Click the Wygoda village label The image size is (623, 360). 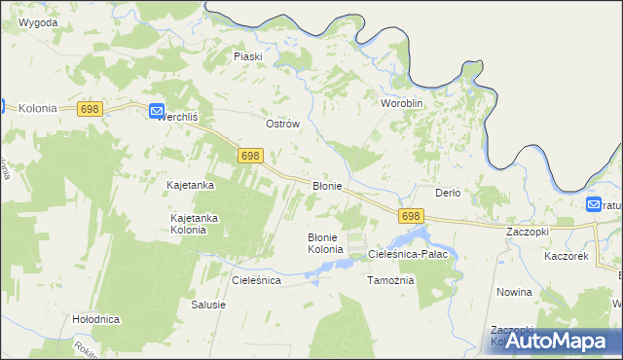point(38,21)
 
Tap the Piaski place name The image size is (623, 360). point(248,56)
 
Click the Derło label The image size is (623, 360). point(447,192)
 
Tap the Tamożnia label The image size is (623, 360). point(390,280)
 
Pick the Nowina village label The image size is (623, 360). point(514,292)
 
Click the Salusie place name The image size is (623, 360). point(208,305)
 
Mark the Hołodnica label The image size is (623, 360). point(95,318)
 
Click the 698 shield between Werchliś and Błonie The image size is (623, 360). point(250,156)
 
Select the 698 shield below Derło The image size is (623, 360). point(411,216)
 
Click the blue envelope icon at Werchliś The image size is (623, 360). point(157,112)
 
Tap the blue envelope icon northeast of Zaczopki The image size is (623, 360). point(594,204)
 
